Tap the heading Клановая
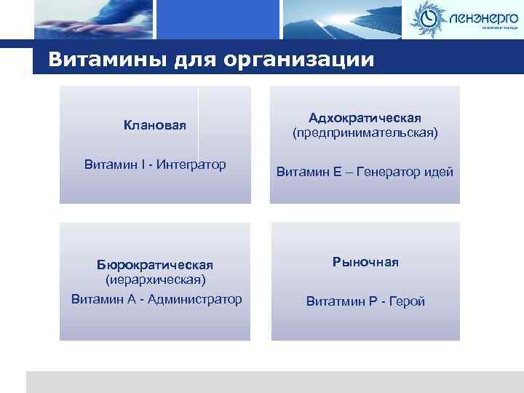coord(155,126)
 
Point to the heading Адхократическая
coord(365,118)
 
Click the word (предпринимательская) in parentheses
coord(365,133)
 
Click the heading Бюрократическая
coord(155,263)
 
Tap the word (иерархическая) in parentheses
coord(155,279)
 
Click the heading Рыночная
coord(365,262)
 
